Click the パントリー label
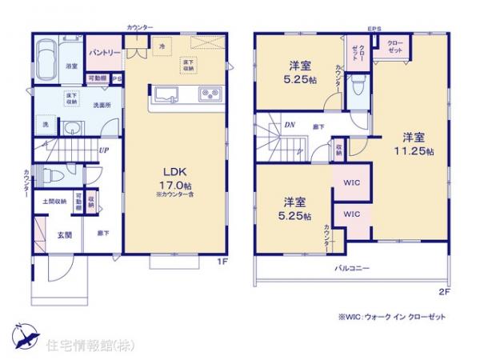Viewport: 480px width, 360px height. [104, 53]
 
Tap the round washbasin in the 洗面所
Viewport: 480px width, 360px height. [73, 128]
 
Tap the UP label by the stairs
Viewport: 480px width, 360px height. [105, 150]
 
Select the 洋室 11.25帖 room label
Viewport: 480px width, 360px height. [418, 142]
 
